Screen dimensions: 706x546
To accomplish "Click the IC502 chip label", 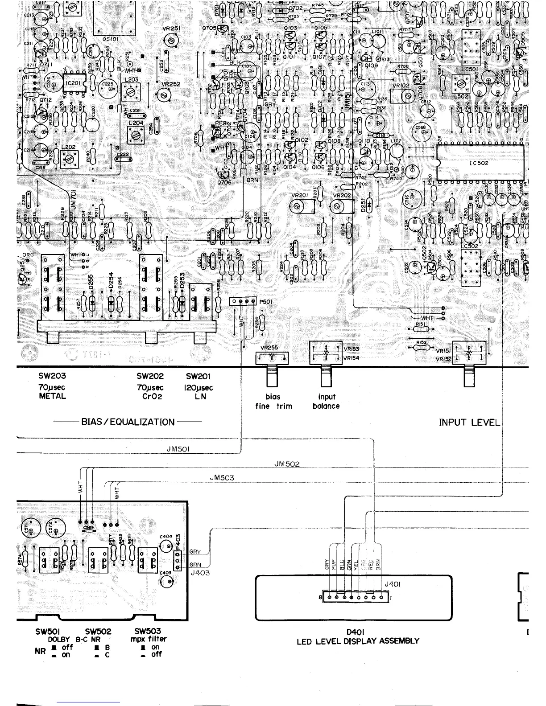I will coord(479,163).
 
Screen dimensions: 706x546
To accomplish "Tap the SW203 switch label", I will coord(52,376).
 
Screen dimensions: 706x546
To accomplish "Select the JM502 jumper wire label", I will coord(287,464).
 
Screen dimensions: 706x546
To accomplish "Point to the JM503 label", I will coord(222,478).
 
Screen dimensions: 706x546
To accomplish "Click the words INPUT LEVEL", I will coord(469,422).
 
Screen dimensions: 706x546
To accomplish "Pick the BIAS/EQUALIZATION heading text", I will coord(128,422).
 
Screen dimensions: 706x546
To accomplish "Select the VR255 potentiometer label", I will coord(269,348).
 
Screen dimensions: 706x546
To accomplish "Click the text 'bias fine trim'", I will coord(273,402).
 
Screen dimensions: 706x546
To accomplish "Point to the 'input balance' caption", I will coord(326,402).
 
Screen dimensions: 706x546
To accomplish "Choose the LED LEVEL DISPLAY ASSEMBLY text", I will coord(358,641).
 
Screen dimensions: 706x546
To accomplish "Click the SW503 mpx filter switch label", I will coord(147,631).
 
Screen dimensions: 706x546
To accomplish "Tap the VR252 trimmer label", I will coord(171,84).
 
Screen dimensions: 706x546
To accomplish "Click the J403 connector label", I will coord(200,573).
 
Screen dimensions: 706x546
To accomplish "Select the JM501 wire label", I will coord(179,449).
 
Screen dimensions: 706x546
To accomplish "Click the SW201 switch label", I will coord(199,376).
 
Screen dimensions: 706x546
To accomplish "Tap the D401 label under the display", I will coord(356,632).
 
